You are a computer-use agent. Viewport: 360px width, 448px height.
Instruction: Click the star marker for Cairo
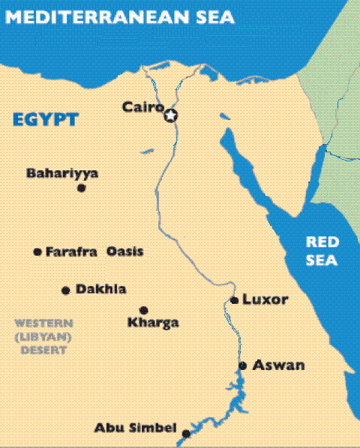pos(171,115)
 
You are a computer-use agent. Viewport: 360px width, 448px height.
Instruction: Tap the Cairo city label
pos(142,108)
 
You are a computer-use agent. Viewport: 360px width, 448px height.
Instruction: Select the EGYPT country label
pos(46,119)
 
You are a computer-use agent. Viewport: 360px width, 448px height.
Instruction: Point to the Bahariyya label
pos(62,173)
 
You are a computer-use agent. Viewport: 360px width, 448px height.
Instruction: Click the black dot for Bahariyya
pos(81,188)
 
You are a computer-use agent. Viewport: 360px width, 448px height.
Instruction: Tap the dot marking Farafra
pos(37,251)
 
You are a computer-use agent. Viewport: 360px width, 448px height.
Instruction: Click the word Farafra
pos(71,251)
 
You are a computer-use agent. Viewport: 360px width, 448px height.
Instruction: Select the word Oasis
pos(124,251)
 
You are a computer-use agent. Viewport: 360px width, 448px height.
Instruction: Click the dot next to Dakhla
pos(65,290)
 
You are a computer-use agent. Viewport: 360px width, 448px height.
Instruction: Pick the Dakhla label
pos(100,290)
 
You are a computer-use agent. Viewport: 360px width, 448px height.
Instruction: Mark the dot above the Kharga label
pos(143,310)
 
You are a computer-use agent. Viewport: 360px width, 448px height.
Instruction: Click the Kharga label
pos(153,323)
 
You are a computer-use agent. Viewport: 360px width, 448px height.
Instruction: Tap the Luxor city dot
pos(234,300)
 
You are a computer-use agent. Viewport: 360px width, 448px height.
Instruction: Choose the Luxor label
pos(264,299)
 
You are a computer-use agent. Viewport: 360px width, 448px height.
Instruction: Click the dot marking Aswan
pos(242,365)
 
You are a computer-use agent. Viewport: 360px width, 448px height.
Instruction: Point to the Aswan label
pos(278,365)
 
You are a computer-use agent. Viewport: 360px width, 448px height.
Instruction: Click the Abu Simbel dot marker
pos(186,433)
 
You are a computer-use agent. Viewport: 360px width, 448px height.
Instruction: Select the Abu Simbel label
pos(135,428)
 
